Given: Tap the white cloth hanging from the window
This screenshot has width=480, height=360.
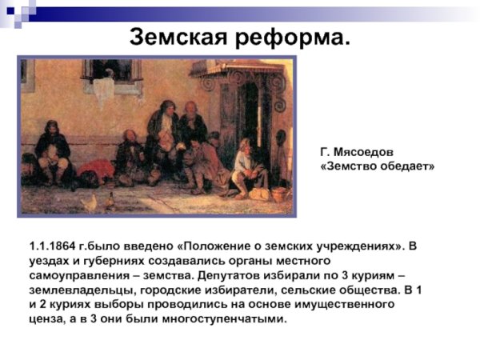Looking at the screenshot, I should [103, 90].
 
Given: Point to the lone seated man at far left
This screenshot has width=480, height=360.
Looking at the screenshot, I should [51, 152].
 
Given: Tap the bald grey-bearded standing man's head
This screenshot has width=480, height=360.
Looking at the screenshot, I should [191, 107].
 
